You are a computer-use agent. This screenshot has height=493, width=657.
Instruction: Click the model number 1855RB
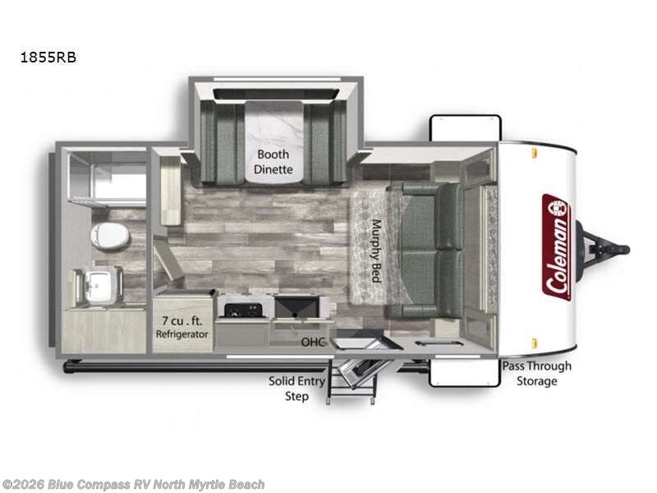point(48,58)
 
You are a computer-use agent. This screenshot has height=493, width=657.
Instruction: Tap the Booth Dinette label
point(273,162)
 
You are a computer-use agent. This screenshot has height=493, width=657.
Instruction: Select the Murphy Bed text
point(376,251)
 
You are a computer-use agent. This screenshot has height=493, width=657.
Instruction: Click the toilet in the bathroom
point(110,236)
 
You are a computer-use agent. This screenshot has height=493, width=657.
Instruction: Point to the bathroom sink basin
point(98,285)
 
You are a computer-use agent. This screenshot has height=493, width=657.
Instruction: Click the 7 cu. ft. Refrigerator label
point(181,327)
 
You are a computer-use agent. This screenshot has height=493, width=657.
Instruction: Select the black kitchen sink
point(296,306)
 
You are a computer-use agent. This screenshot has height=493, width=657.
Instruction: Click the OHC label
point(313,342)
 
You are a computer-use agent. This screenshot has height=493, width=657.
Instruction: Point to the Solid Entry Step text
point(296,389)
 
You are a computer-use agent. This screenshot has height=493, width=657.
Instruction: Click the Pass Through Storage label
point(537,373)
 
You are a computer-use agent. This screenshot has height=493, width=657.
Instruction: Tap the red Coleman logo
point(557,247)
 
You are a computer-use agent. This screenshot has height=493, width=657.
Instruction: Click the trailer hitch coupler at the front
point(604,250)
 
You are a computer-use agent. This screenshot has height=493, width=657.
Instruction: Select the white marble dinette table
point(273,142)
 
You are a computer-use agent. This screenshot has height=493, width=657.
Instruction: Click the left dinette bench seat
point(222,142)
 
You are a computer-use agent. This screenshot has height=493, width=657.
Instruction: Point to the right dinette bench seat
point(325,142)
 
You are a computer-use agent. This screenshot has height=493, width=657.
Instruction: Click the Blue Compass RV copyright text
point(132,485)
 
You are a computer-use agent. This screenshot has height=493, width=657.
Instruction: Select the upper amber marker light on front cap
point(535,153)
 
